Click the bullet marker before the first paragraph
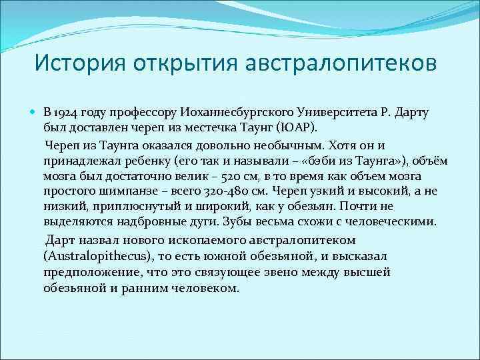click(35, 111)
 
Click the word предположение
click(87, 273)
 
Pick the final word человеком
click(203, 289)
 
